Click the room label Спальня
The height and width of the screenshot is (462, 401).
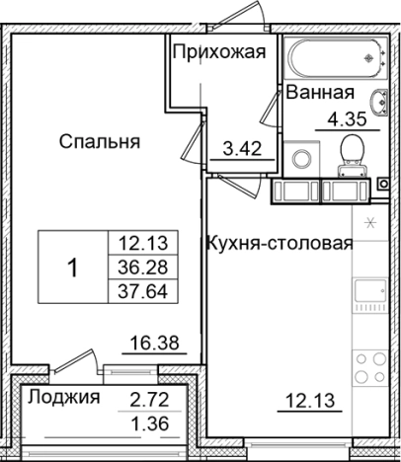tap(99, 142)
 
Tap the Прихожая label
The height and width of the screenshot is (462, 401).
tap(218, 53)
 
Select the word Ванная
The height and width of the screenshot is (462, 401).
tap(320, 95)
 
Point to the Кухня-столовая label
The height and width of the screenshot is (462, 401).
tap(279, 242)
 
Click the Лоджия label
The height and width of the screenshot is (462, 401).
tap(64, 398)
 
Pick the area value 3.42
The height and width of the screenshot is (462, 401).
tap(242, 151)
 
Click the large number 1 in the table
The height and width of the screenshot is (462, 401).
tap(72, 267)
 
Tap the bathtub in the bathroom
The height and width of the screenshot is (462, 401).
tap(334, 58)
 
